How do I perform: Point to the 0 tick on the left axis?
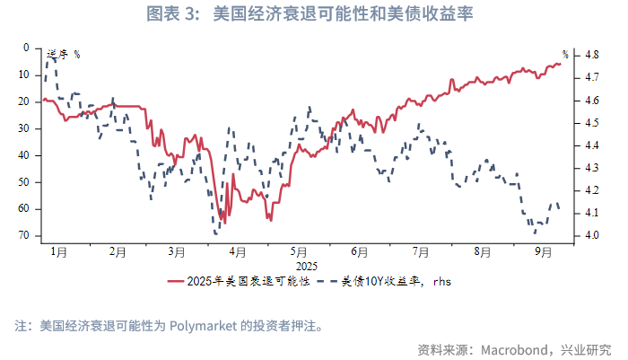(26, 48)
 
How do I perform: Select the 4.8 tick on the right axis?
(592, 55)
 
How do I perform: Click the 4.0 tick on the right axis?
(592, 236)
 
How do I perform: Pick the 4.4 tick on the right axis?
(592, 145)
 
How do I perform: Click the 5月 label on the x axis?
(300, 252)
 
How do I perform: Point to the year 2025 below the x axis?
(307, 266)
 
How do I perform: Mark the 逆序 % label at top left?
(62, 55)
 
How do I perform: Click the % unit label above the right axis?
(565, 55)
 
